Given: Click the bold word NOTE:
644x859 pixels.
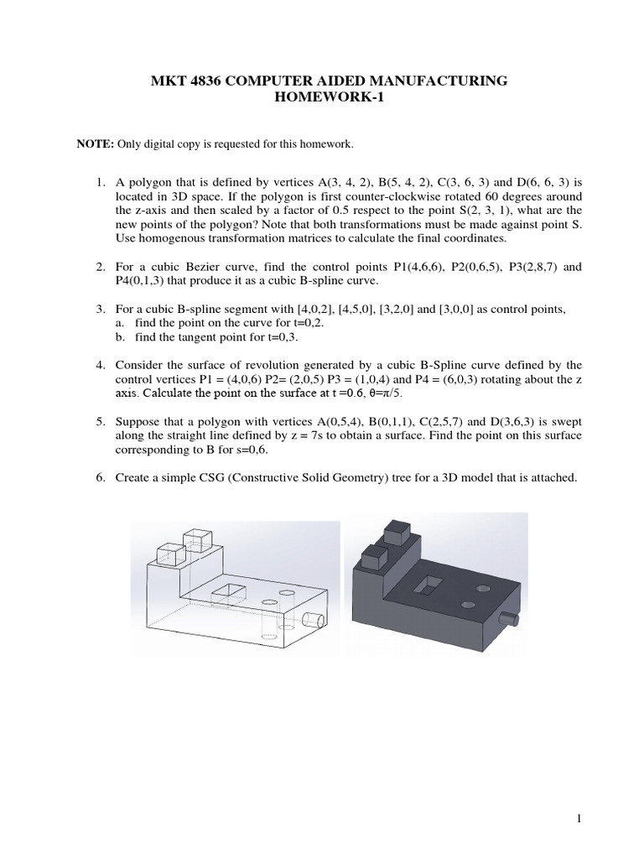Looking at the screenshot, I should tap(95, 144).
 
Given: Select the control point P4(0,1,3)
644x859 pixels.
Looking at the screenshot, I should tap(129, 280).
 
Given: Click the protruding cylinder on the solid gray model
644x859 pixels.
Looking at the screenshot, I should tap(508, 620).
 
